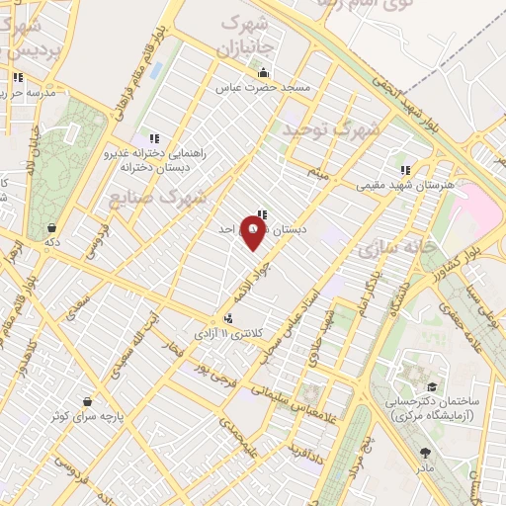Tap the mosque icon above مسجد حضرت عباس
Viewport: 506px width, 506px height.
click(263, 73)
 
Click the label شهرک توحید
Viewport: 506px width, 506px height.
click(331, 128)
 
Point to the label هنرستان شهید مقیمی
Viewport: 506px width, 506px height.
click(405, 185)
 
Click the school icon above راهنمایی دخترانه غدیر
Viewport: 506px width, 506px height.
click(152, 138)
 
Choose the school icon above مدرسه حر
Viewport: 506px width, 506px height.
click(17, 77)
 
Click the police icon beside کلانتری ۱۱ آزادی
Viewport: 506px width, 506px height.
click(229, 318)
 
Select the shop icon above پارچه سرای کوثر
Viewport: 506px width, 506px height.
click(90, 401)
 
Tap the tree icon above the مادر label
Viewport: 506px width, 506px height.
click(425, 453)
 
